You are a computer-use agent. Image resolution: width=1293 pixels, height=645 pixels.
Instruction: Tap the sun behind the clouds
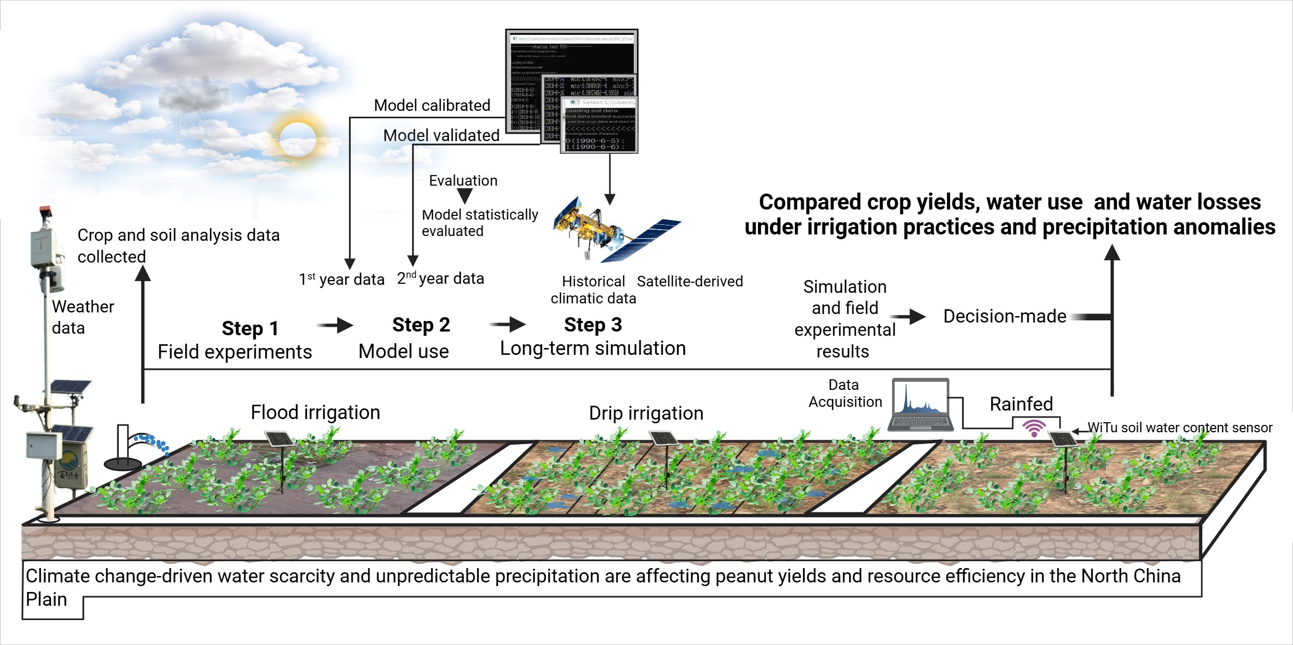pyautogui.click(x=298, y=139)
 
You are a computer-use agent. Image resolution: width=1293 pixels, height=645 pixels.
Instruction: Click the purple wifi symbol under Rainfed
pyautogui.click(x=1034, y=428)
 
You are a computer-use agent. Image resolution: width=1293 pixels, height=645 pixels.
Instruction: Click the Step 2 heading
pyautogui.click(x=421, y=325)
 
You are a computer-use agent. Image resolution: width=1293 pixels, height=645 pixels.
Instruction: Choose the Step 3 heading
pyautogui.click(x=593, y=325)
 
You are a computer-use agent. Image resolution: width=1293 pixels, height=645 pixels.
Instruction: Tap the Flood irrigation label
pyautogui.click(x=316, y=413)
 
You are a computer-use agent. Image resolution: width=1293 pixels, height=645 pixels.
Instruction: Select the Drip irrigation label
pyautogui.click(x=646, y=414)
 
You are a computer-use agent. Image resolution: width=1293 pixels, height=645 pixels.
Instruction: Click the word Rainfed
pyautogui.click(x=1021, y=404)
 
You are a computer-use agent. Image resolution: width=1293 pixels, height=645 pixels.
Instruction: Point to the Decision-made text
pyautogui.click(x=1004, y=317)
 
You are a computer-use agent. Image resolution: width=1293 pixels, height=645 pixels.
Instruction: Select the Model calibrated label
pyautogui.click(x=432, y=106)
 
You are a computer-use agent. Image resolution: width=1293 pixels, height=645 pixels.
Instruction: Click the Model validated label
pyautogui.click(x=441, y=136)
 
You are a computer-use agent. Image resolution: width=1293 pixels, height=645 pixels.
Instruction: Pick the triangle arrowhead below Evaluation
pyautogui.click(x=465, y=196)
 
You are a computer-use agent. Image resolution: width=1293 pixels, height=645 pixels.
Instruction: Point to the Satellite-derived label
pyautogui.click(x=689, y=282)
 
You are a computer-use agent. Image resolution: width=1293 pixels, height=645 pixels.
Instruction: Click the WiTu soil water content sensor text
pyautogui.click(x=1180, y=428)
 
